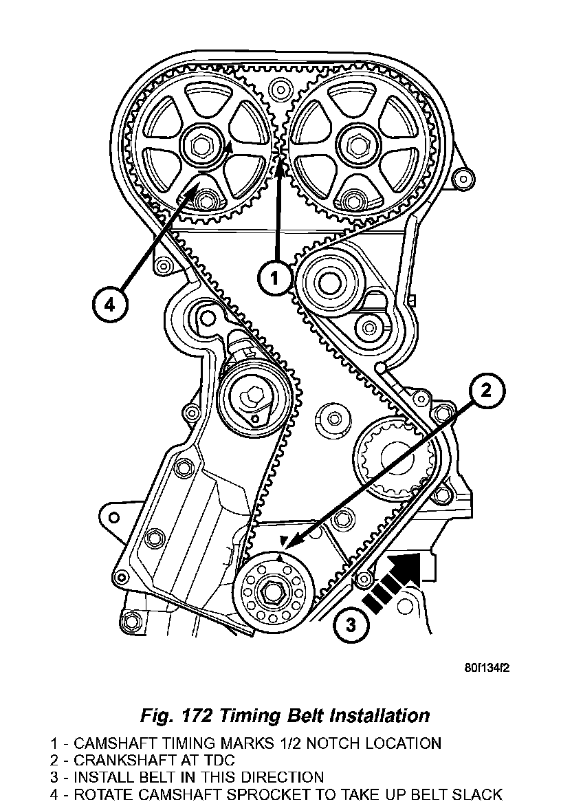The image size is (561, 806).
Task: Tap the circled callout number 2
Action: tap(486, 391)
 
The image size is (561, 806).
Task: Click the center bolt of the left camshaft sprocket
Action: tap(201, 146)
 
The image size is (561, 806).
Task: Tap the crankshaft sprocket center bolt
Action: tap(273, 590)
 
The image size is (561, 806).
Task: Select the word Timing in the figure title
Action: tap(260, 715)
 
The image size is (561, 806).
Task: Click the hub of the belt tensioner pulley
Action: tap(251, 397)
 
